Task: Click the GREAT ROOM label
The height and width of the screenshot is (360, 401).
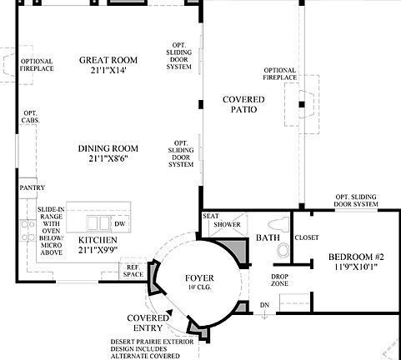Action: [x=108, y=61]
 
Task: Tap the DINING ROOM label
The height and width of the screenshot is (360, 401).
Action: [x=108, y=149]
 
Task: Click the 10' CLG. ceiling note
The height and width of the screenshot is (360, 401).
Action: [x=198, y=289]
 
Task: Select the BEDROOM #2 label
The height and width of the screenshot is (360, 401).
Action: [x=356, y=257]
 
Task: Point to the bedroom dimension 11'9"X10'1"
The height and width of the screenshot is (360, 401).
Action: [x=356, y=267]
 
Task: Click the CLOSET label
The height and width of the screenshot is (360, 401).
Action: [x=308, y=237]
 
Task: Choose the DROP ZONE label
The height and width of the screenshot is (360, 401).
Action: [x=280, y=280]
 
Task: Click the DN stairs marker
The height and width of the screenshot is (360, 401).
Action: [x=265, y=305]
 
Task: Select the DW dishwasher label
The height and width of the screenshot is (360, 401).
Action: [x=120, y=223]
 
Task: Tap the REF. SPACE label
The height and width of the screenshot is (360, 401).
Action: [x=133, y=271]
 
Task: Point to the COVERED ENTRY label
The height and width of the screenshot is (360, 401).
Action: [x=149, y=323]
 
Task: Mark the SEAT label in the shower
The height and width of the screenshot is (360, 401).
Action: [x=211, y=217]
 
